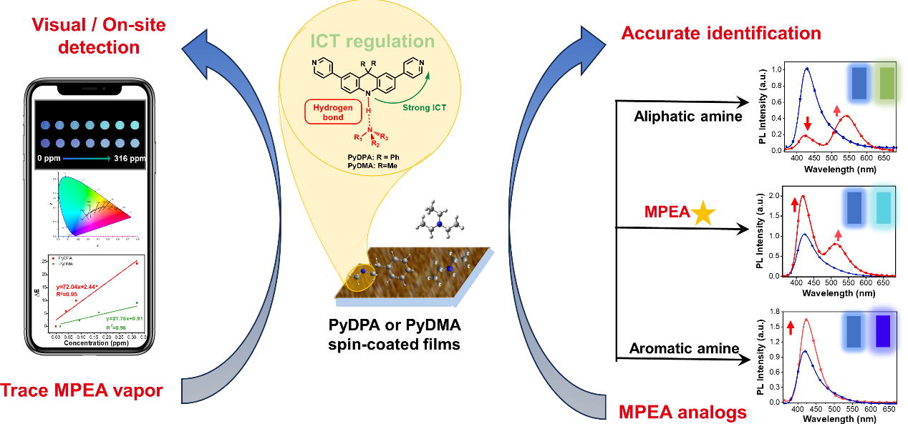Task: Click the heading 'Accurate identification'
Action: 721,33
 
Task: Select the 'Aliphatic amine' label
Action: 688,117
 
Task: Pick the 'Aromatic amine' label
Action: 684,349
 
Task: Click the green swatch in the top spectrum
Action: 887,83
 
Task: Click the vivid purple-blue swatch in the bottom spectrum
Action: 883,332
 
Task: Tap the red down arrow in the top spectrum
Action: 808,122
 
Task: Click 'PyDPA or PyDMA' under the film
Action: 395,328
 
